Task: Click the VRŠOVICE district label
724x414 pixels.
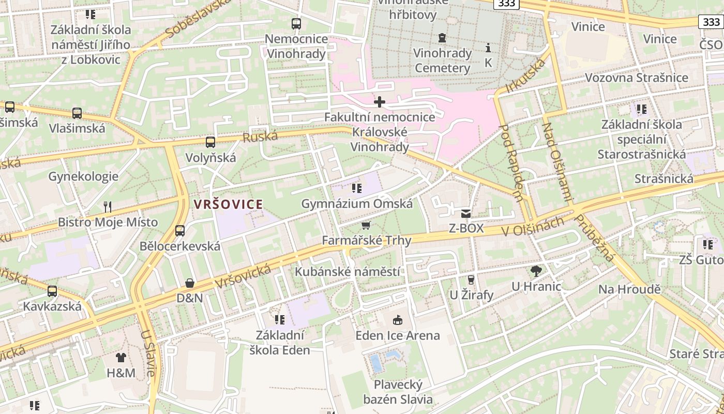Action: pos(228,204)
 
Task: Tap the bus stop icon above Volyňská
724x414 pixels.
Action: pos(210,142)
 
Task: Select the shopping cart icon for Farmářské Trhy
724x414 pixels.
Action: pos(366,225)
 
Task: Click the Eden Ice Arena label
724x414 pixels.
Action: pos(398,335)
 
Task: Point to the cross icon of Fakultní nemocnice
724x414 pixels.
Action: pos(380,102)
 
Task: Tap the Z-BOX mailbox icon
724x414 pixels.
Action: pos(466,213)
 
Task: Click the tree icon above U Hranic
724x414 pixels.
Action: pos(536,271)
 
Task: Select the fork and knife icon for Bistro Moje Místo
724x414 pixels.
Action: pos(108,207)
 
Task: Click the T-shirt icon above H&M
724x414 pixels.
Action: pos(120,357)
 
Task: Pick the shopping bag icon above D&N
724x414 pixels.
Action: pos(190,283)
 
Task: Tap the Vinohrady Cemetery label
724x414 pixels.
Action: pos(442,61)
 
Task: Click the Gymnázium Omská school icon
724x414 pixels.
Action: pos(356,188)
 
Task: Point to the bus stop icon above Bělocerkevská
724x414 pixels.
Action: pos(180,231)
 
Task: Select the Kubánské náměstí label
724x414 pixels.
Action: pos(348,272)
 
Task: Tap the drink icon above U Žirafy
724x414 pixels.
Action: pos(471,280)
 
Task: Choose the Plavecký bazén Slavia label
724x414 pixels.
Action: pos(398,392)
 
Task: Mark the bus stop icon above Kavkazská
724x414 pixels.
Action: pos(52,291)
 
